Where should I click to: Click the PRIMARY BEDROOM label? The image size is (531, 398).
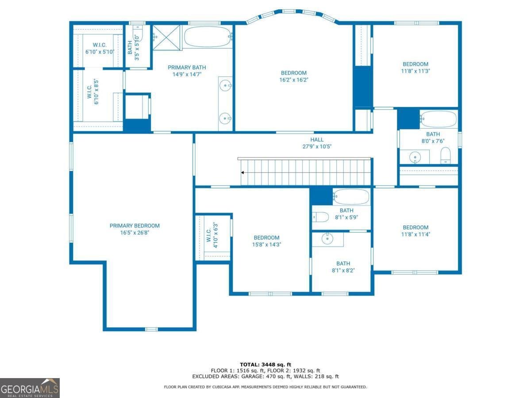135,226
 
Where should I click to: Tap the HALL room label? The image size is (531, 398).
317,139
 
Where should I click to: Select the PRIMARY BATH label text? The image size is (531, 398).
187,67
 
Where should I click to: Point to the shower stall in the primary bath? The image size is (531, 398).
167,38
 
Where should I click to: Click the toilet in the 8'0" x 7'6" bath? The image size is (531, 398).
445,155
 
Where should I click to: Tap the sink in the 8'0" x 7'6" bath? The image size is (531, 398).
415,156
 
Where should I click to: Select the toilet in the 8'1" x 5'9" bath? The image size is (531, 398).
320,217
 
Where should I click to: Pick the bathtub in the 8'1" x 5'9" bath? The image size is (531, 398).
351,197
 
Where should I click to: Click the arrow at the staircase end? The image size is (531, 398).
242,172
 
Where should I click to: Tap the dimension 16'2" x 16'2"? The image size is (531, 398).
293,80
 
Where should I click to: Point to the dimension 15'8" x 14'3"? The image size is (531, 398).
266,245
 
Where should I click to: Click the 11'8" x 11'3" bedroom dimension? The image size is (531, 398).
416,71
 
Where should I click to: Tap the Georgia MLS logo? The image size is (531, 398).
30,388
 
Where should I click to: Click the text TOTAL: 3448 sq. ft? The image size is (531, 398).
265,364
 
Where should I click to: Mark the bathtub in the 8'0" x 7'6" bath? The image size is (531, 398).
439,119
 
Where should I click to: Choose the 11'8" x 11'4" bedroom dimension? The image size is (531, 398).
416,234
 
